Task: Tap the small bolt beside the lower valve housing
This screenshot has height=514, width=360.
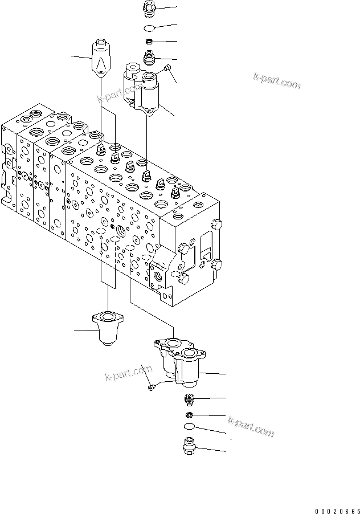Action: [150, 387]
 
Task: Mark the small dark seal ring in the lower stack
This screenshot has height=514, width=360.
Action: [189, 414]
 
